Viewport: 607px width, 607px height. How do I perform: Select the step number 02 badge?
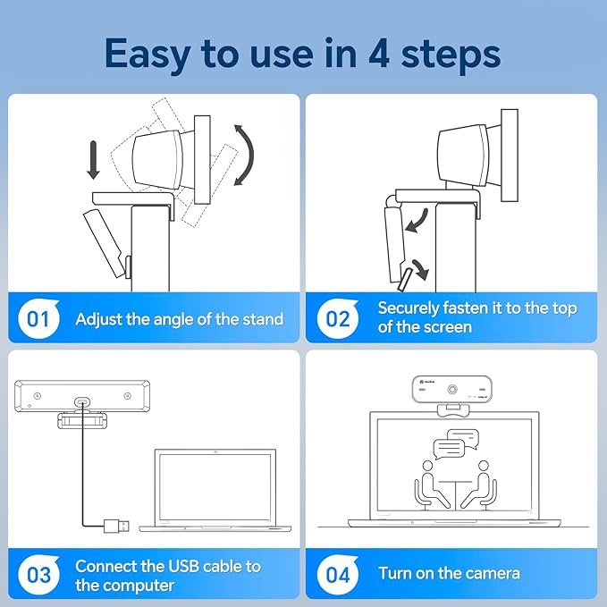tap(338, 318)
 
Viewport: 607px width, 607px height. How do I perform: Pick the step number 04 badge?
tap(338, 574)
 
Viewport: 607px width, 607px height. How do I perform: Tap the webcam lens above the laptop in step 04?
tap(454, 391)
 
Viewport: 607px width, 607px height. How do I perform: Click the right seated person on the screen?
tap(484, 483)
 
